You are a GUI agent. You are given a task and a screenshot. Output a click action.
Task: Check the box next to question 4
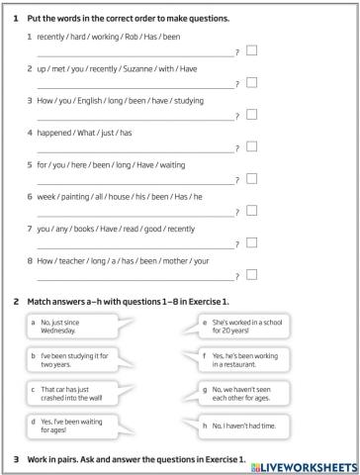(251, 146)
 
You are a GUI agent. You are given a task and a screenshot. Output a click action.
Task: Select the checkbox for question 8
(251, 274)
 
